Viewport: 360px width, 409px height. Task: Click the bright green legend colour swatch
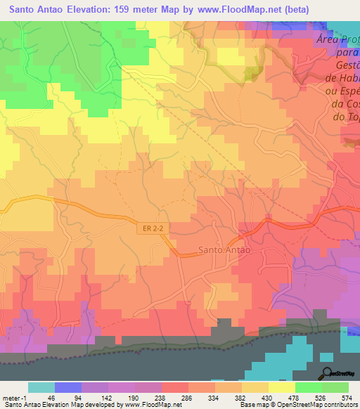(x=308, y=387)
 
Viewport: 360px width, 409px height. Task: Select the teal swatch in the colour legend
(x=41, y=387)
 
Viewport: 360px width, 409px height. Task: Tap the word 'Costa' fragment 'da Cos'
(x=344, y=105)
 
